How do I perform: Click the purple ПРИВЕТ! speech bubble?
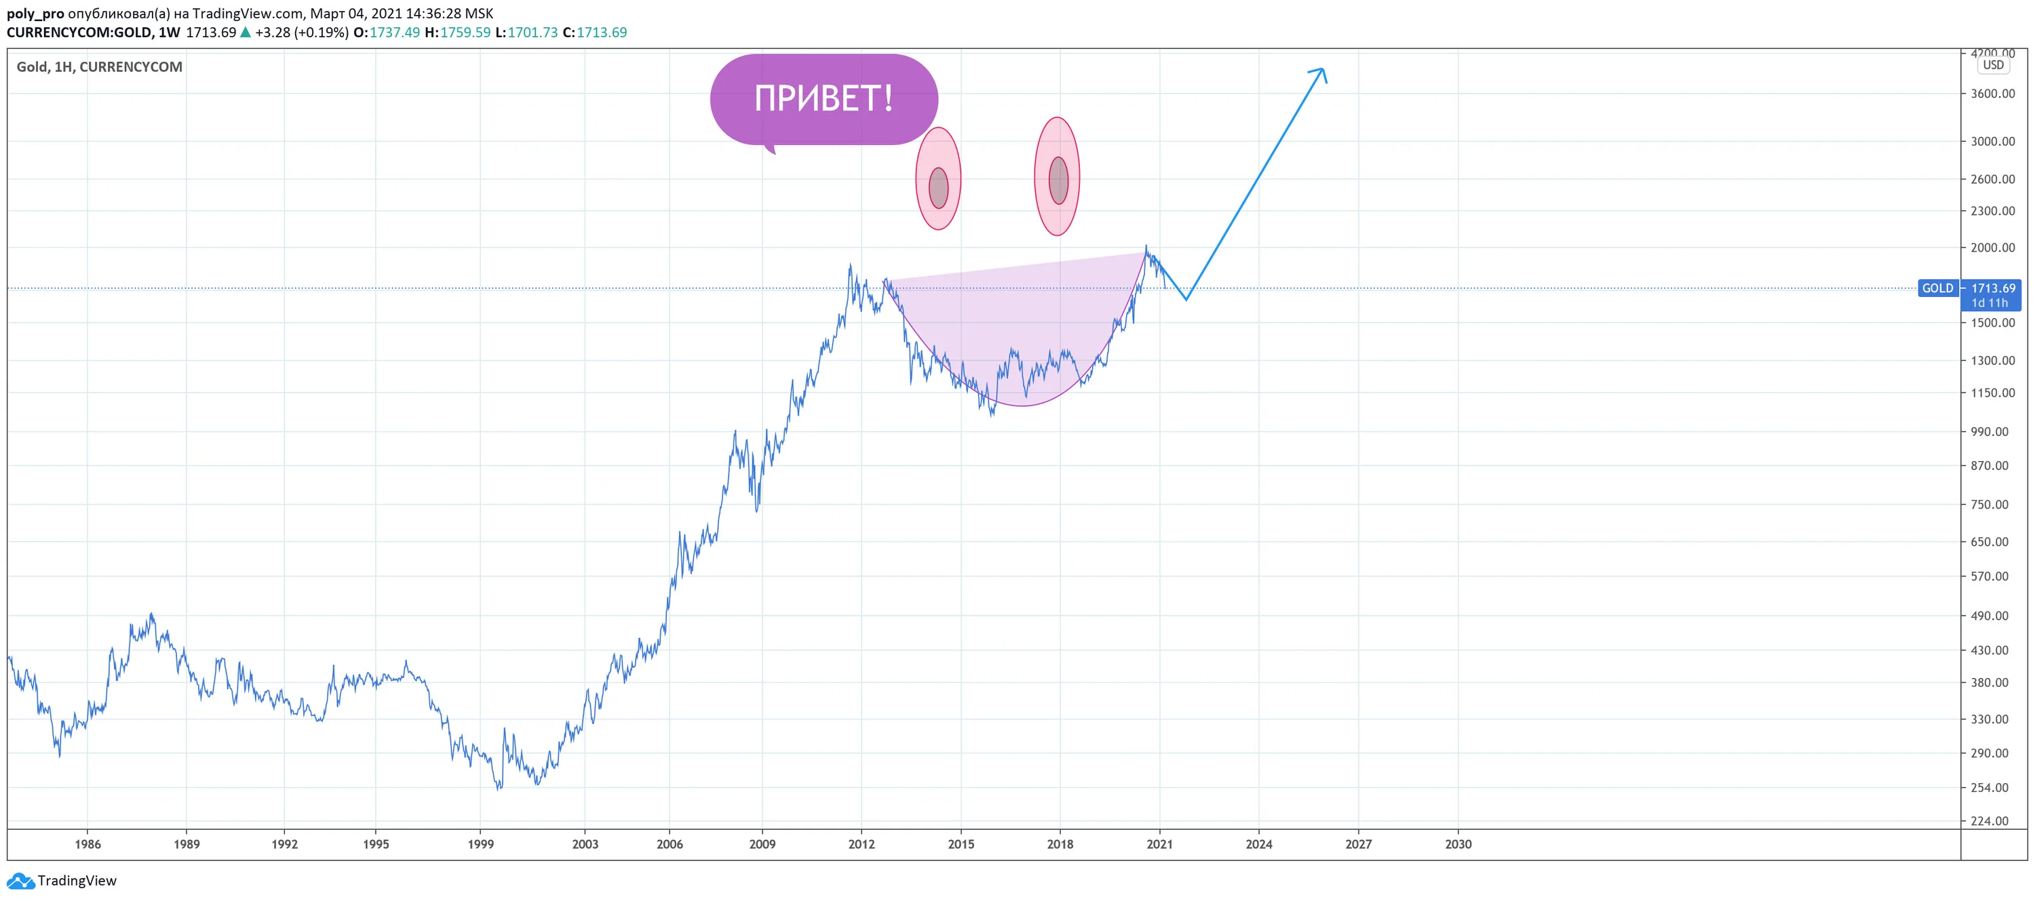[x=824, y=100]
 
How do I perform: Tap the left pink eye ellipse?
[x=939, y=178]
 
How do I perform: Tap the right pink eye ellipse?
[x=1057, y=176]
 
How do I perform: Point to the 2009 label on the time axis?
[x=762, y=844]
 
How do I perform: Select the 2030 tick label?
[x=1458, y=844]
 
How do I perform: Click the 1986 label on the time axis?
[x=88, y=844]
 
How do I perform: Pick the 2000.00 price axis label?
[x=1992, y=247]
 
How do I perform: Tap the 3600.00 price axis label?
[x=1992, y=93]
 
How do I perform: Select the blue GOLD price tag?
[x=1938, y=288]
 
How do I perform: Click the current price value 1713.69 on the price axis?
[x=1993, y=288]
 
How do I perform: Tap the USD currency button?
[x=1993, y=65]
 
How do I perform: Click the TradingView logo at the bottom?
[x=62, y=881]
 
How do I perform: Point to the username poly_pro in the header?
[x=35, y=14]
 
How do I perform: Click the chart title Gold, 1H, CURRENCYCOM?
[x=100, y=67]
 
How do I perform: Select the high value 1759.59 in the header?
[x=465, y=33]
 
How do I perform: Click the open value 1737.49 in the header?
[x=395, y=33]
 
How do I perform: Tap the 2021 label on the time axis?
[x=1160, y=844]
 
